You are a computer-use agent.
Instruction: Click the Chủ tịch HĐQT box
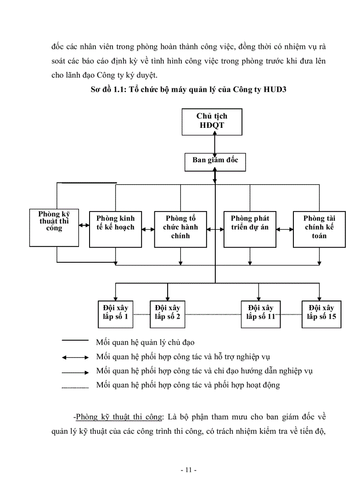click(x=212, y=122)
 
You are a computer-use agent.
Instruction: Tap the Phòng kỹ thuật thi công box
click(x=54, y=227)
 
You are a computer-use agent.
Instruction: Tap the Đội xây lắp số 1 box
click(x=116, y=313)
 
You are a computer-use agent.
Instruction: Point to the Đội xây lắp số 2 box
click(x=167, y=313)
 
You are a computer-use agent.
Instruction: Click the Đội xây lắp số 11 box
click(x=261, y=313)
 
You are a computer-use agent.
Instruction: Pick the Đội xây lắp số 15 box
click(x=322, y=313)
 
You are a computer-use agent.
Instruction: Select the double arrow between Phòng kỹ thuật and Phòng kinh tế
click(x=84, y=226)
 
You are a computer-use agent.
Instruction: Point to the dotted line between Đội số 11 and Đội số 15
click(x=291, y=315)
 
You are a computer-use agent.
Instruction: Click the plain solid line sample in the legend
click(x=75, y=340)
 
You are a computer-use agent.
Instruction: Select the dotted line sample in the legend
click(x=75, y=388)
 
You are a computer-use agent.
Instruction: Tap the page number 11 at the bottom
click(x=188, y=470)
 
